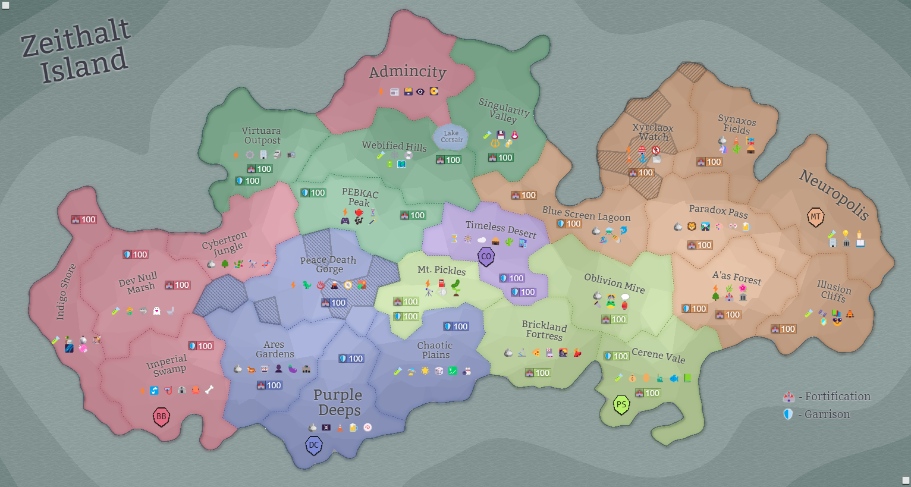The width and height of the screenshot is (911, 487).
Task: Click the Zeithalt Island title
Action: pyautogui.click(x=76, y=51)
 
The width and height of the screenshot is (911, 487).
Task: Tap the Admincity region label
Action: pyautogui.click(x=407, y=72)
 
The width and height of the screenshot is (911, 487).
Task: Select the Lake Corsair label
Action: pyautogui.click(x=451, y=136)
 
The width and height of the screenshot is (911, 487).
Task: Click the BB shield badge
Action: pyautogui.click(x=161, y=417)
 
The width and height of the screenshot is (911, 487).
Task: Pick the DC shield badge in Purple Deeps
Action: pyautogui.click(x=314, y=445)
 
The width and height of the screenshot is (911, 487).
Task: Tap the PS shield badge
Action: pyautogui.click(x=621, y=405)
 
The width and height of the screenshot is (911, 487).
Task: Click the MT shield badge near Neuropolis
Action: pyautogui.click(x=815, y=217)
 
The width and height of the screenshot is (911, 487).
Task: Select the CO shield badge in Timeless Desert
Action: pyautogui.click(x=486, y=257)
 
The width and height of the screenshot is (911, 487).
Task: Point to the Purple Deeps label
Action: pyautogui.click(x=338, y=403)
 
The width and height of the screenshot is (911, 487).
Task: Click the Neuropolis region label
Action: pyautogui.click(x=834, y=194)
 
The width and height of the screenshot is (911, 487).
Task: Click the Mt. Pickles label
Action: pyautogui.click(x=441, y=270)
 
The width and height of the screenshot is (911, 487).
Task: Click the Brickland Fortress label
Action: pyautogui.click(x=544, y=330)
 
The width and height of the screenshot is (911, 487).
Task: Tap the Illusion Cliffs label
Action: pyautogui.click(x=834, y=291)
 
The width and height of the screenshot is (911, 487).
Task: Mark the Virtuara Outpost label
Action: pyautogui.click(x=262, y=136)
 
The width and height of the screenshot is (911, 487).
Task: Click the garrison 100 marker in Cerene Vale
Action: pyautogui.click(x=616, y=356)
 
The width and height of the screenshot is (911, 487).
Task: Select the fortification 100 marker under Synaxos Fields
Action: pyautogui.click(x=709, y=162)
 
